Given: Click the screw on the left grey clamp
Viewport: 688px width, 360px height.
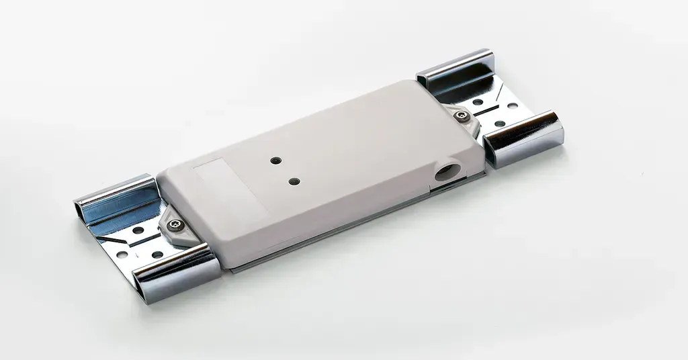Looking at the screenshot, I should [176, 224].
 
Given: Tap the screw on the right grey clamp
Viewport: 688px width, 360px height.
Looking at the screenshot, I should [462, 116].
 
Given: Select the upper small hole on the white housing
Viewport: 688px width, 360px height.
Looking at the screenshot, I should [275, 161].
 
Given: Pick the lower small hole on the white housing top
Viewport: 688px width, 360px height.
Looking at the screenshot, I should [294, 181].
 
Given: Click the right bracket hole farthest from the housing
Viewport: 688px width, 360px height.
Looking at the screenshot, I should [513, 106].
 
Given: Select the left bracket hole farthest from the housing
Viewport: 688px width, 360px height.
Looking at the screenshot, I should [122, 255].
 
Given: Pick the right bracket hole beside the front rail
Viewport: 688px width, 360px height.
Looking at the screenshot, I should [499, 124].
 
